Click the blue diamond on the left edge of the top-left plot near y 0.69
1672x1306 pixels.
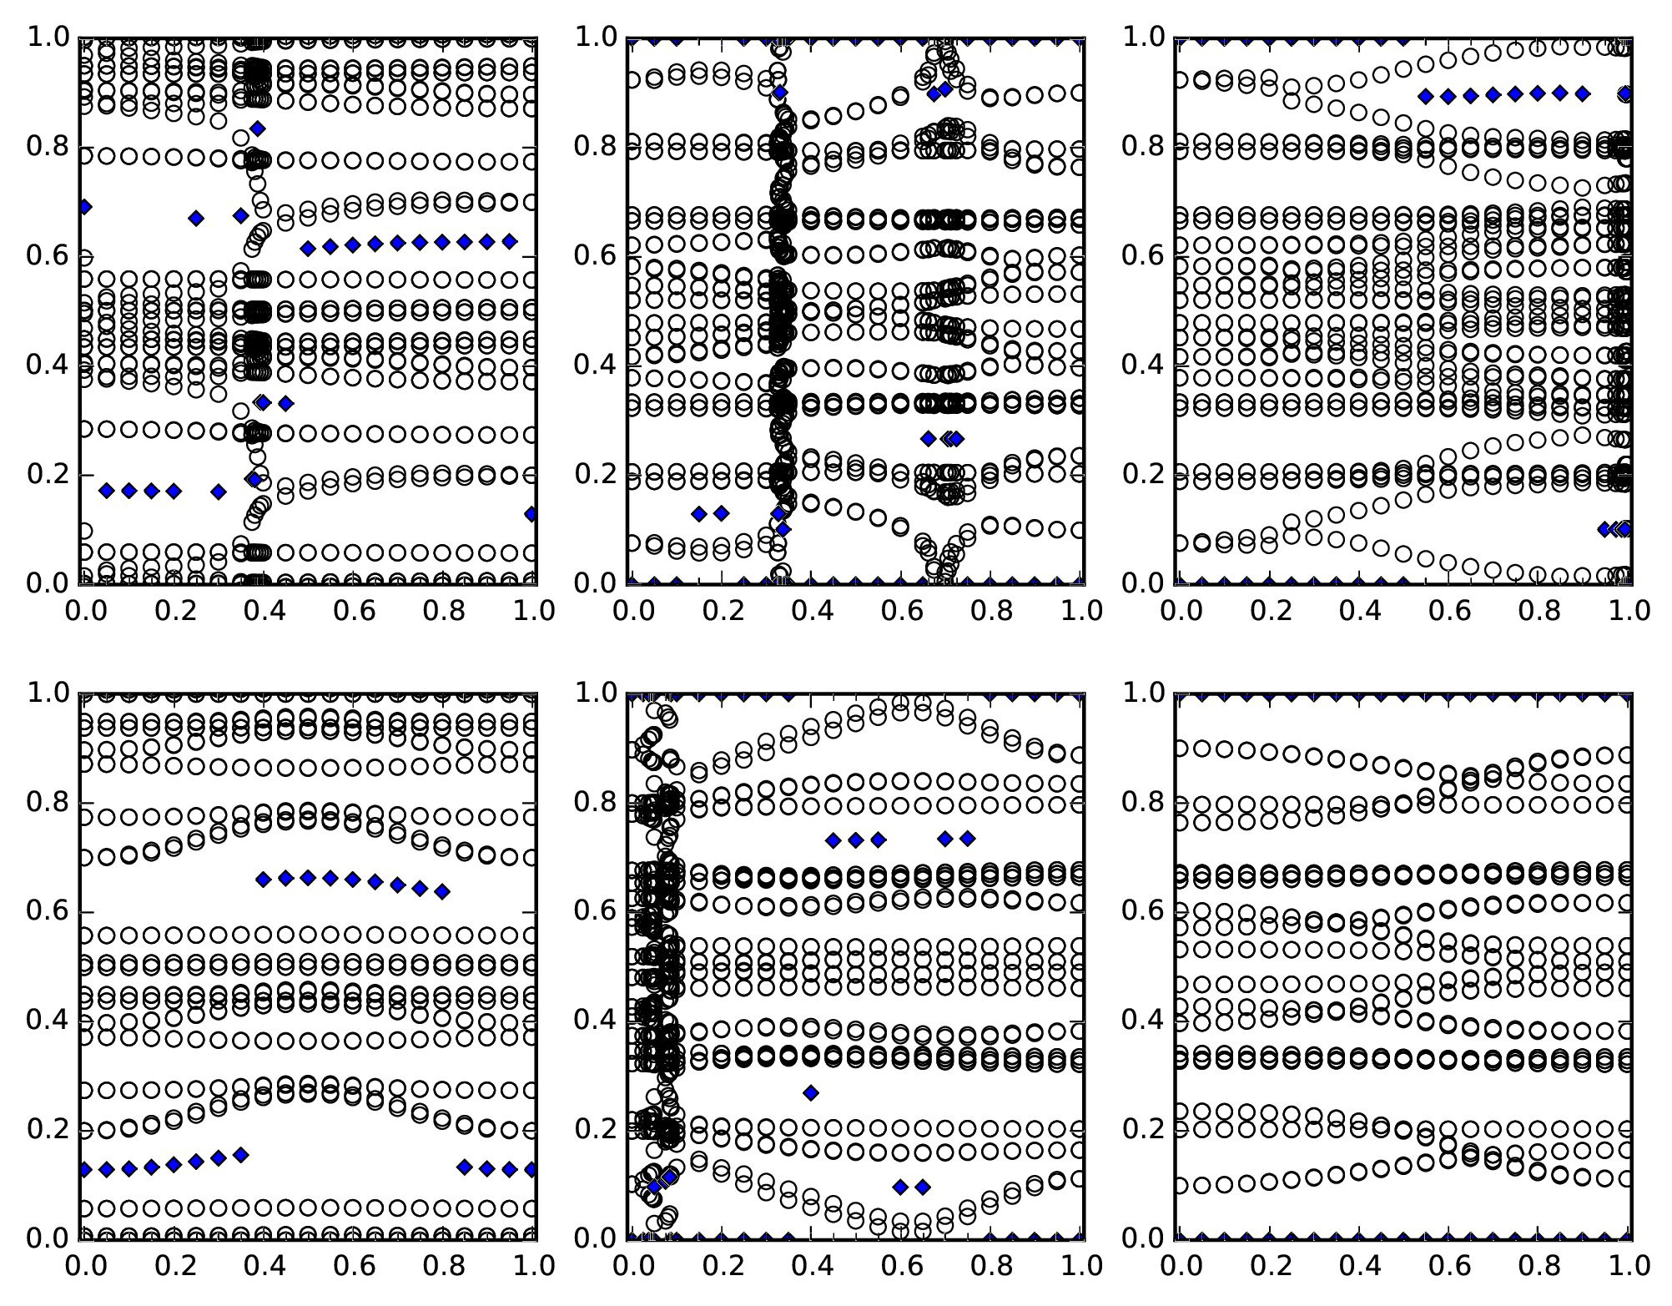point(83,207)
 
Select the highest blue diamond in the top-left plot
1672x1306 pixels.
point(258,129)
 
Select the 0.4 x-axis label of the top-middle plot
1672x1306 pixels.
point(812,611)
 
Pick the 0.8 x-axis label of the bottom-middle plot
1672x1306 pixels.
point(990,1266)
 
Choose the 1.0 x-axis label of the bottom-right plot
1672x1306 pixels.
point(1628,1266)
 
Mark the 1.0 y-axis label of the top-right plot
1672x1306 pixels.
point(1143,38)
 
